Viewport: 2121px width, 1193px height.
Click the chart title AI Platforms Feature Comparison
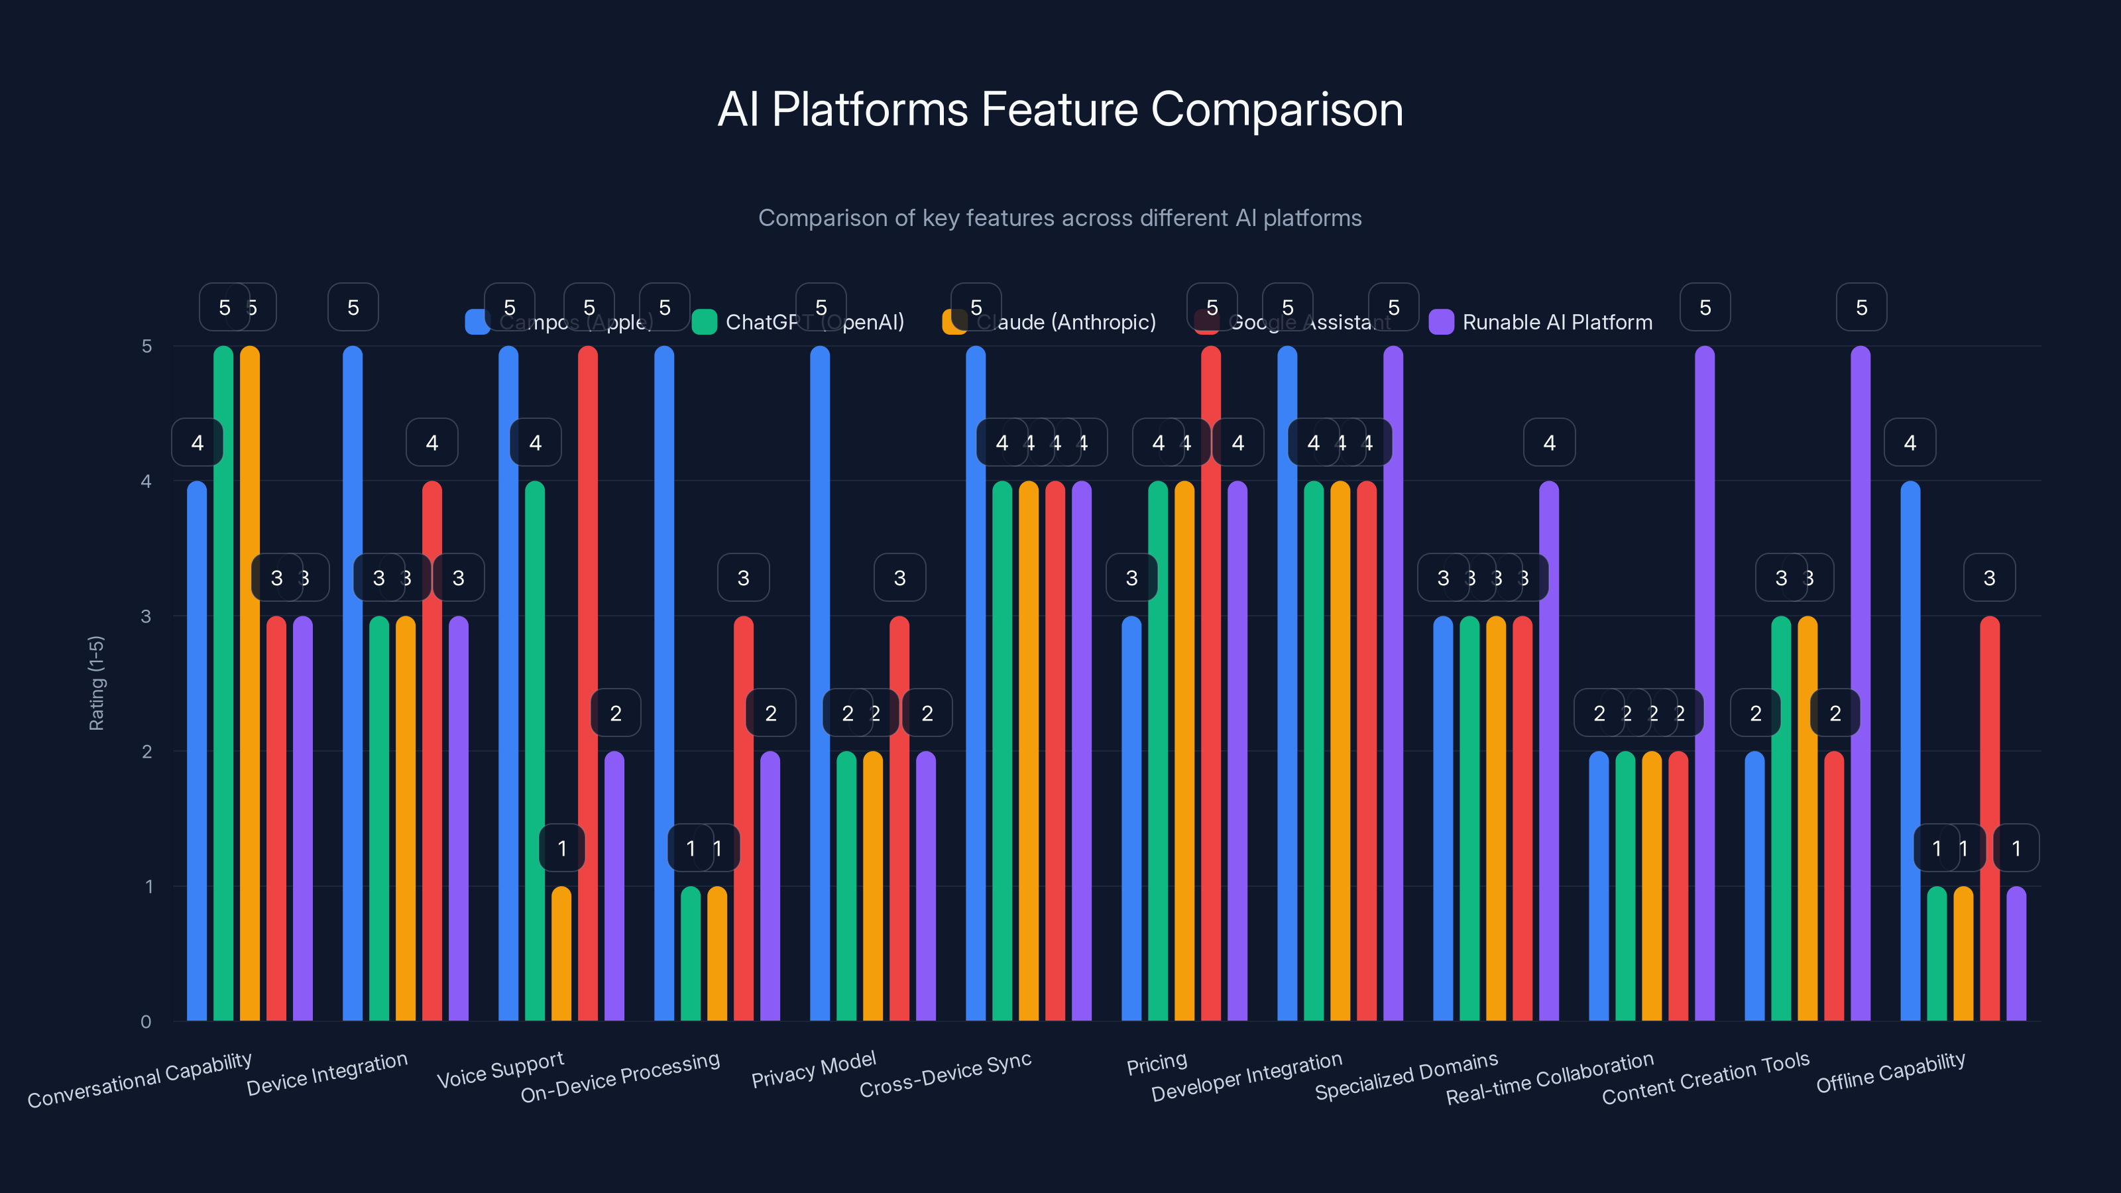[x=1060, y=109]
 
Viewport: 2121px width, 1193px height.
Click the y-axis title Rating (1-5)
[x=96, y=683]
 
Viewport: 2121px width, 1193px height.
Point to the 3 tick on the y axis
[x=146, y=616]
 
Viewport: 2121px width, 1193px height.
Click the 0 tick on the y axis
[x=146, y=1021]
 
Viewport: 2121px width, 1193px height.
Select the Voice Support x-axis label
[x=500, y=1068]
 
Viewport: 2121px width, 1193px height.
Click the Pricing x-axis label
[x=1156, y=1063]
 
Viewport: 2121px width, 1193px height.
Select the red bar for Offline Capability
[x=1989, y=819]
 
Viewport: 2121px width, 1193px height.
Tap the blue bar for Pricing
[x=1131, y=819]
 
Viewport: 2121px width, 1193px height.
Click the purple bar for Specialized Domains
[x=1549, y=751]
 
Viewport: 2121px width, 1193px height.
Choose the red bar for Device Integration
[x=432, y=751]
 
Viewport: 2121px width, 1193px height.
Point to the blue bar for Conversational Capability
[x=197, y=751]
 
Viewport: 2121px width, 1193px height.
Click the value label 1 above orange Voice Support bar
[x=561, y=848]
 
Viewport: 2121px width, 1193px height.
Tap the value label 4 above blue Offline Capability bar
[x=1910, y=443]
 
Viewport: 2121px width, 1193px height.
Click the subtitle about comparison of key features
[x=1060, y=218]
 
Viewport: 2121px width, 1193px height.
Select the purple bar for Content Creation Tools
[x=1860, y=683]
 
